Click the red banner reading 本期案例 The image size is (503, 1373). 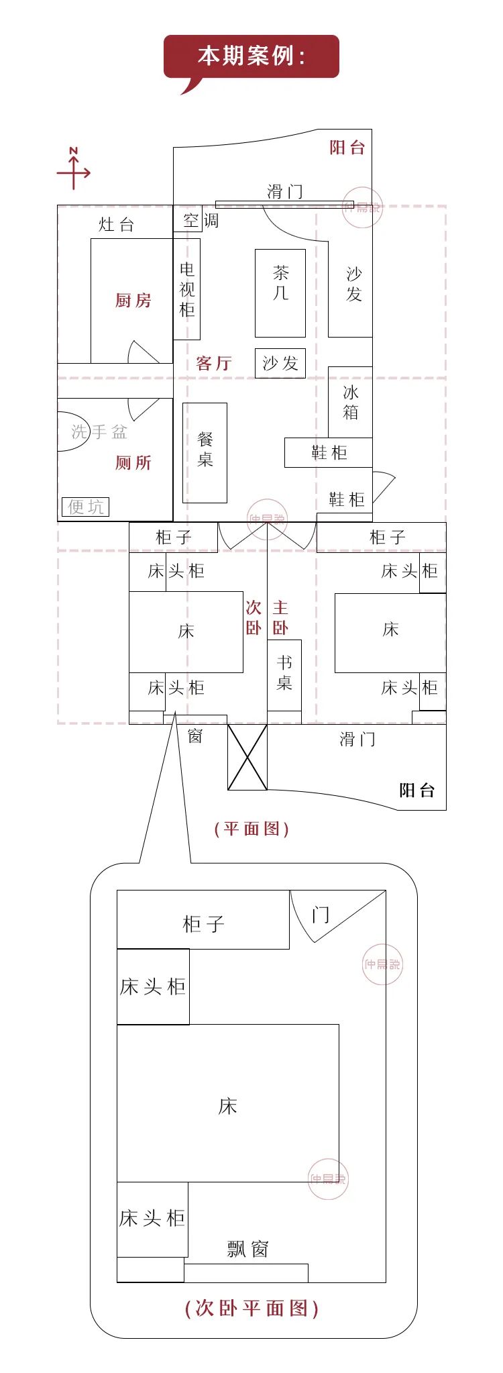pos(251,56)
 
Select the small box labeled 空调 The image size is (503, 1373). pos(188,221)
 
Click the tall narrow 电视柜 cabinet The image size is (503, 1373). pos(187,289)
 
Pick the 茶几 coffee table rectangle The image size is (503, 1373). pos(280,293)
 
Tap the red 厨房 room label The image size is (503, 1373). pos(133,301)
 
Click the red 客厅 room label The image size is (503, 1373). pos(213,364)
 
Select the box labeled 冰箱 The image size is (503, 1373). pos(350,402)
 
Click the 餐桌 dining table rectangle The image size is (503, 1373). pos(205,452)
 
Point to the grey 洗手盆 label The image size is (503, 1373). pos(99,432)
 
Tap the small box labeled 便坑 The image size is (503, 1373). pos(86,507)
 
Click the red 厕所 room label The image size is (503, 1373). pos(133,463)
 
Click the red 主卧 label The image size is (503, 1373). pos(280,617)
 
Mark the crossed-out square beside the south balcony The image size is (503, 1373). pos(247,757)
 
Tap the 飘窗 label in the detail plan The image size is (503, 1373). pos(247,1249)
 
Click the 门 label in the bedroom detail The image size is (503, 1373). pos(321,915)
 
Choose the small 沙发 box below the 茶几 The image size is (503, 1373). pos(280,363)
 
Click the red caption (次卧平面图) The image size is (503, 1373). pos(251,1308)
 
